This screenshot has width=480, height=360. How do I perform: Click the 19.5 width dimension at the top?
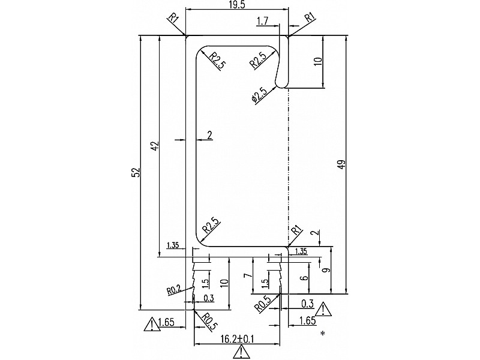236,5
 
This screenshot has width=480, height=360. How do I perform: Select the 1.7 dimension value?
262,22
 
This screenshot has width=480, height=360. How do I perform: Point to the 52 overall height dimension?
136,172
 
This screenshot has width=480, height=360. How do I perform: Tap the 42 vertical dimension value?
154,146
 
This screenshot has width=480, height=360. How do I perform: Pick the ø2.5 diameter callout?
259,96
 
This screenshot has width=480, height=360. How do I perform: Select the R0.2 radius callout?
174,290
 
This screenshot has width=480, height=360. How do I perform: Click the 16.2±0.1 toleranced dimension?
238,338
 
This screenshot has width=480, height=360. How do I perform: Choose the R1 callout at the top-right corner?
310,17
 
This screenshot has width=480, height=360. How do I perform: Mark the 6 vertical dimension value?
304,278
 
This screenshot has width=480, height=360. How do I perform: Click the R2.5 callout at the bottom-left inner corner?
211,224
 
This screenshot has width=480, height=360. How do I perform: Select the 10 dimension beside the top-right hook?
318,61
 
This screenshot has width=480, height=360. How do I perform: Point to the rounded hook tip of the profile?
281,83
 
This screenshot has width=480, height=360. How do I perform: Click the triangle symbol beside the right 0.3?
323,310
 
